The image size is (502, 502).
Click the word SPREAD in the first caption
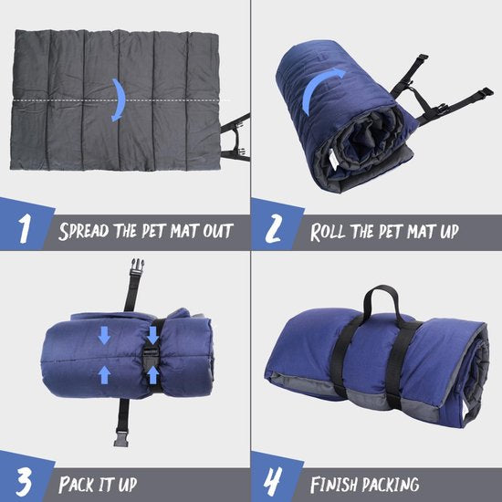coord(88,230)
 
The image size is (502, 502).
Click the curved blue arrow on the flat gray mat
coord(116,99)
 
